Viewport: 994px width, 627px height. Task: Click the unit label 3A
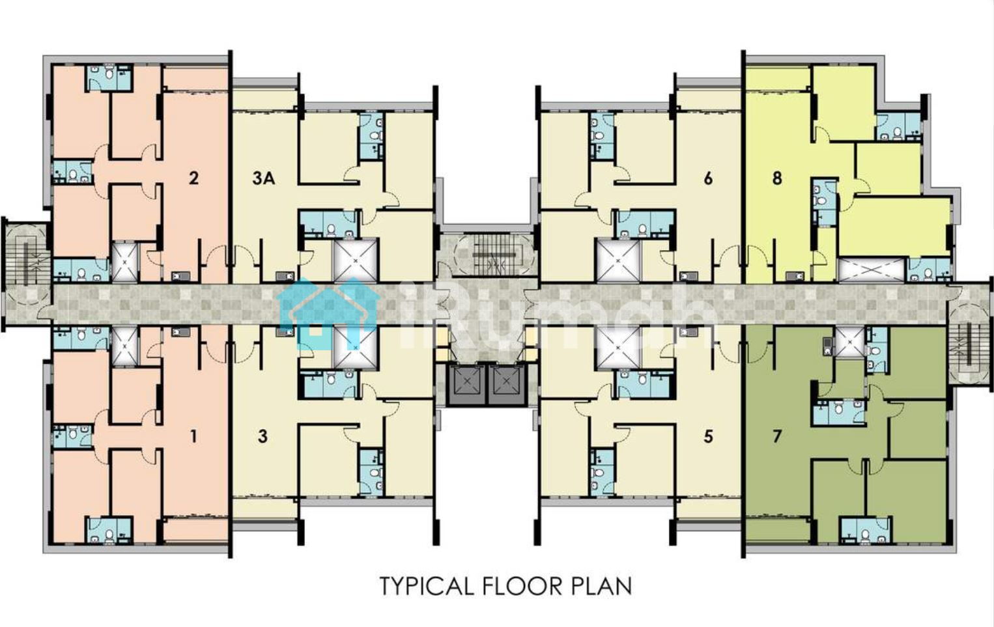tap(264, 178)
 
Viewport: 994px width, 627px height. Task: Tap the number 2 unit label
tap(193, 178)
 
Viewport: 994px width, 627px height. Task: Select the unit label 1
tap(193, 437)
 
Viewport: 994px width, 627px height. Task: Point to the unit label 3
tap(263, 437)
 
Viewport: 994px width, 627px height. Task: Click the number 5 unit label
tap(708, 437)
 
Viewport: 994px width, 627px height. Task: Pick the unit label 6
tap(708, 178)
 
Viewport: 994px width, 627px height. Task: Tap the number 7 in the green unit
tap(776, 437)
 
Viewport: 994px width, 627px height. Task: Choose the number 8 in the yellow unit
tap(777, 178)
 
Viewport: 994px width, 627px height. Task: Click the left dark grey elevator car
tap(467, 384)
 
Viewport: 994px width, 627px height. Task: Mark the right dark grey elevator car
tap(507, 384)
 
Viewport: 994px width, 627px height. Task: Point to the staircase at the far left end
tap(26, 257)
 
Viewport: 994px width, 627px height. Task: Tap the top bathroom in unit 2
tap(109, 78)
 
